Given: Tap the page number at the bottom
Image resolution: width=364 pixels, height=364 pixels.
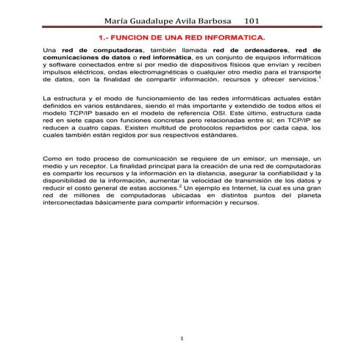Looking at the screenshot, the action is pos(182,338).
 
